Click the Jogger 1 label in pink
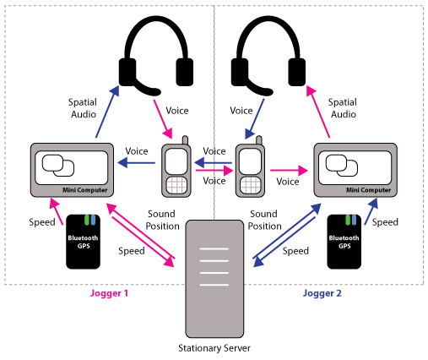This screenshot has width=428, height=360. coord(109,293)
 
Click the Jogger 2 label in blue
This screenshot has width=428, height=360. coord(322,293)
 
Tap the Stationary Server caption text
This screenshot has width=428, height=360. coord(214,348)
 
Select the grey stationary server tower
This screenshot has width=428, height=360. coord(214,279)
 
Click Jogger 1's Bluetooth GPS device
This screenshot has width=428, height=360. coord(83,242)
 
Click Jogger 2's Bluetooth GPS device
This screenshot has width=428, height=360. coord(344,242)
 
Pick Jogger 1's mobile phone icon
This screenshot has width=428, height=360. coord(176,166)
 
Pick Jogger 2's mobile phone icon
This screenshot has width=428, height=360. coord(250,166)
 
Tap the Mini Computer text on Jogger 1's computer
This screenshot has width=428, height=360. coord(85,190)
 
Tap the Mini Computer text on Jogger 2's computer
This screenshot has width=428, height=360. coord(369,190)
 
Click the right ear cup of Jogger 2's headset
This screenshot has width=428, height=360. coord(297,72)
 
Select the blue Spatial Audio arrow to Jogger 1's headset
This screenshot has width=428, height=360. coord(107,112)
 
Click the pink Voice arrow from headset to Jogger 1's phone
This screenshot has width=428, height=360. coord(163,119)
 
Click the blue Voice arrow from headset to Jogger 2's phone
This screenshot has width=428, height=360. coord(255,119)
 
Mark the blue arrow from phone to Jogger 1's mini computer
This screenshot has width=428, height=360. coord(137,163)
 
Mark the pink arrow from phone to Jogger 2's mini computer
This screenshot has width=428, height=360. coord(290,171)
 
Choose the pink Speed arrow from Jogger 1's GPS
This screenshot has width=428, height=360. coord(56,211)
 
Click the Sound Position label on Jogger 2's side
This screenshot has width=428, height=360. coord(264,220)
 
